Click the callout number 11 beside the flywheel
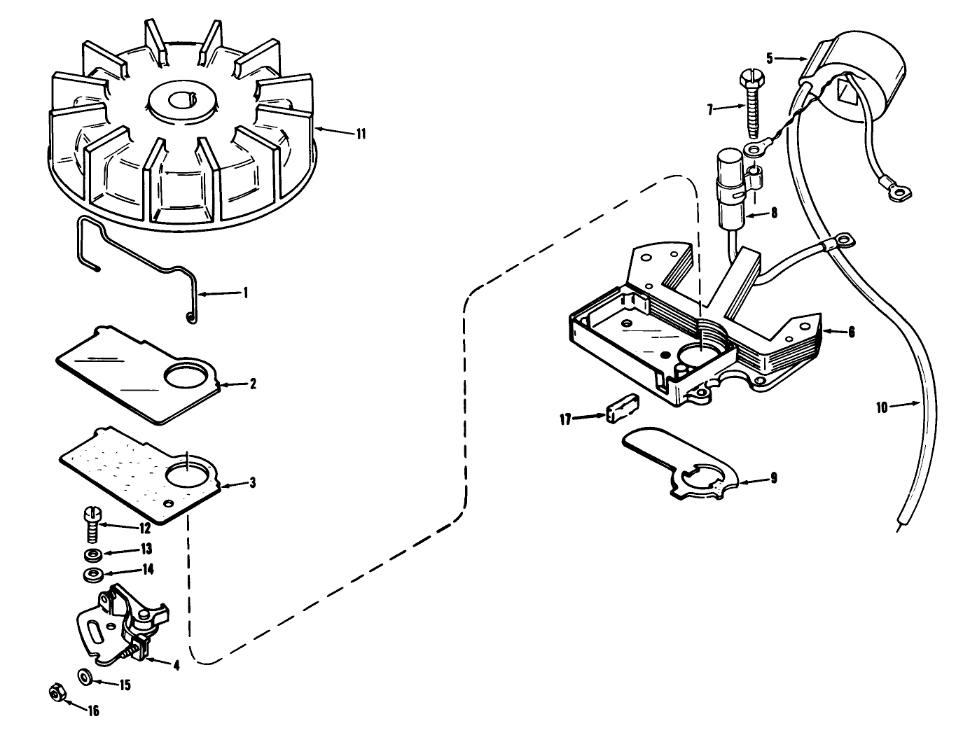(361, 134)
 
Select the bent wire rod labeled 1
(140, 259)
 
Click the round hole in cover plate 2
(186, 378)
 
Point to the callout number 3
(252, 483)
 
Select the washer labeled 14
(91, 575)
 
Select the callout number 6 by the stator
(851, 332)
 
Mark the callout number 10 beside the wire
(881, 406)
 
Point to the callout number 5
(769, 58)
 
